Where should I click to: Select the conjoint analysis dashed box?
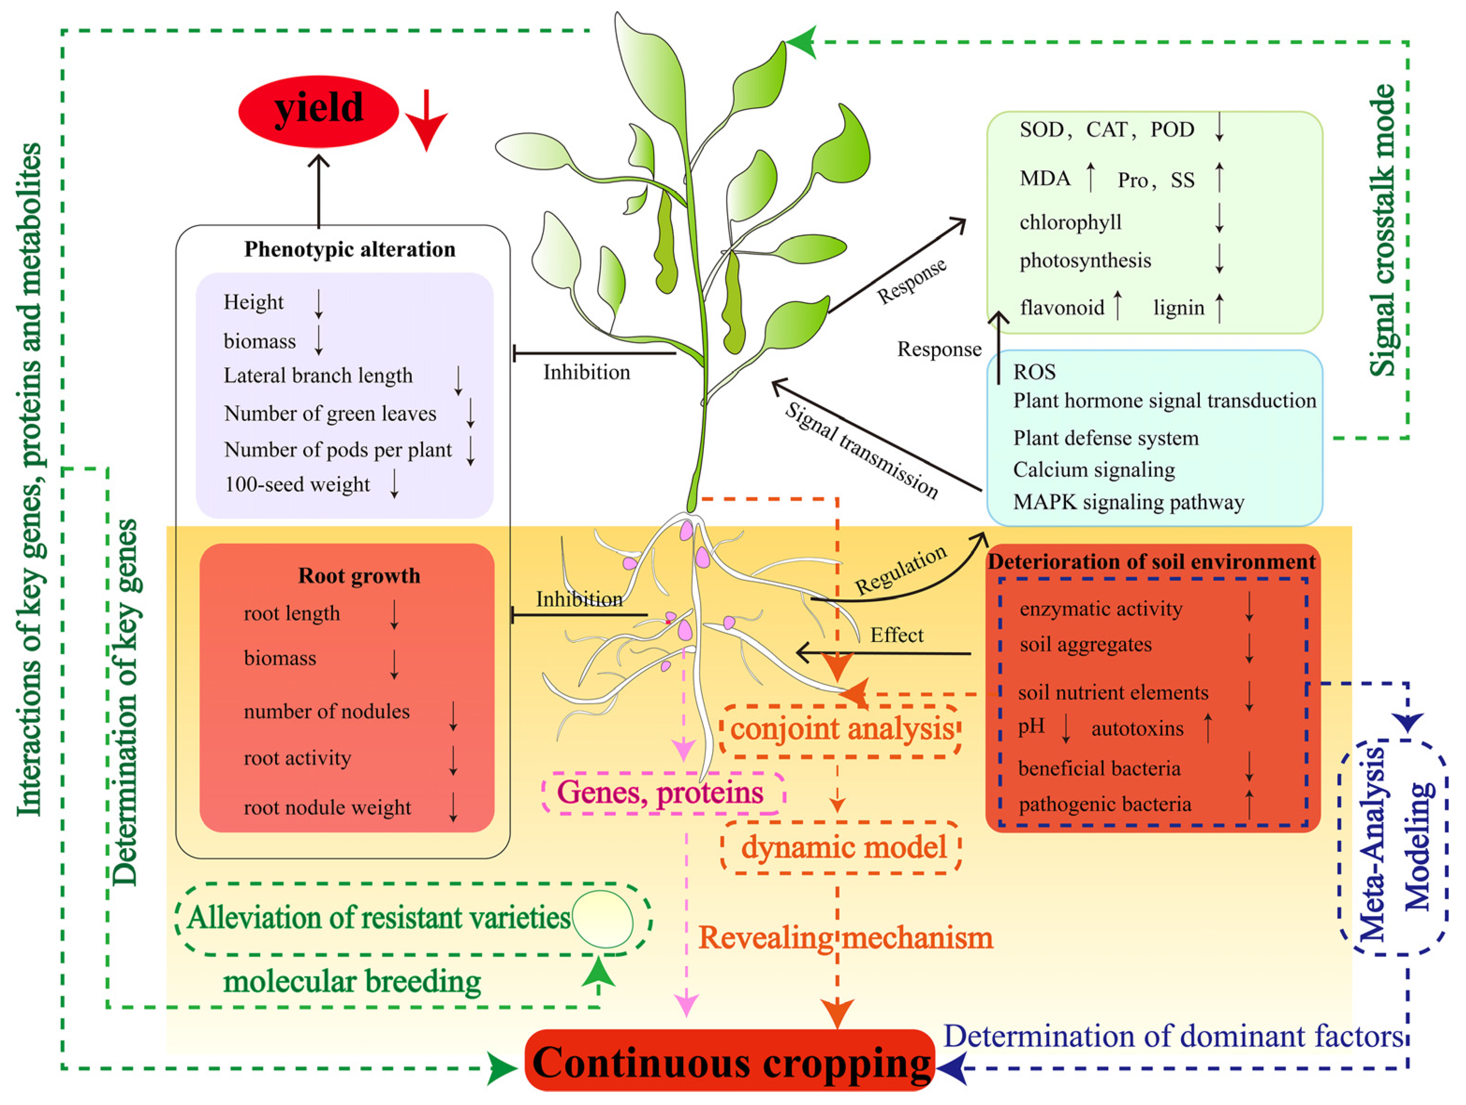840,729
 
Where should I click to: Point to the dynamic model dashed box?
840,847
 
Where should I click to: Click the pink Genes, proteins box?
662,792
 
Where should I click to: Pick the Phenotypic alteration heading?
349,249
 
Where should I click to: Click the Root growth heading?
358,575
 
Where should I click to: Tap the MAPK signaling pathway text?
1128,502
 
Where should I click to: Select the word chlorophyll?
1070,222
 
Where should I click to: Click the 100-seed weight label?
297,484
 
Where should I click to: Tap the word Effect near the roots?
896,635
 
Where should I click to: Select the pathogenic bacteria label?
1104,804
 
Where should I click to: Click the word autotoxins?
1137,729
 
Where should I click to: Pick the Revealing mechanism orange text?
845,938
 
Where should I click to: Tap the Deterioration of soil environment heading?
1151,562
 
